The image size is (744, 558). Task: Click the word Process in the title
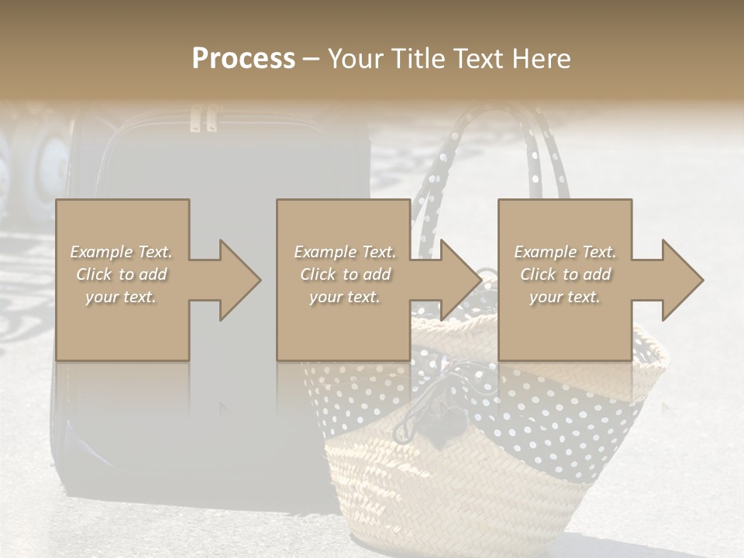pos(243,58)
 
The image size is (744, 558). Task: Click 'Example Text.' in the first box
pos(122,252)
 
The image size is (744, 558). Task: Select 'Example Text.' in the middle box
pos(344,252)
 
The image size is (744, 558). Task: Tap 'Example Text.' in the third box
pos(565,252)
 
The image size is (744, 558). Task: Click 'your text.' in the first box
pos(122,297)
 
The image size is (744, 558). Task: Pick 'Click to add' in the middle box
pos(344,274)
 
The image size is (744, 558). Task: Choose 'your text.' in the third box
pos(565,297)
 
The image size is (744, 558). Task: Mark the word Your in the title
pos(354,58)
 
